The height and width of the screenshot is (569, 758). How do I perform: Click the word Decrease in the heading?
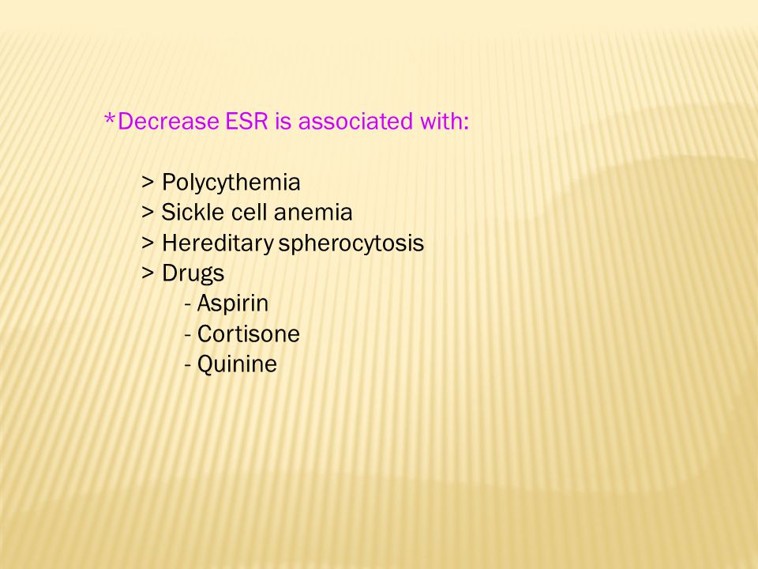[168, 121]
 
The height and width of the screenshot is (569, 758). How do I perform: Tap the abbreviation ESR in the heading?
[246, 121]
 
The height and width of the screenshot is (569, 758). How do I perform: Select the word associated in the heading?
[355, 121]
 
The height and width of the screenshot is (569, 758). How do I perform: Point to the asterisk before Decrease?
[111, 119]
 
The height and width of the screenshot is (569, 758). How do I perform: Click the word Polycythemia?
[231, 183]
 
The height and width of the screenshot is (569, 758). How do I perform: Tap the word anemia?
[313, 213]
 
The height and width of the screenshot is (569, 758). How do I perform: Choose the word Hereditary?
[218, 243]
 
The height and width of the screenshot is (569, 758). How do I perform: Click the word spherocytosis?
[351, 243]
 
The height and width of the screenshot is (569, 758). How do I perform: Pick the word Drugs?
[193, 273]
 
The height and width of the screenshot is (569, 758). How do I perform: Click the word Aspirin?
[232, 303]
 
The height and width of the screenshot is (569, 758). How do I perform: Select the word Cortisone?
[249, 333]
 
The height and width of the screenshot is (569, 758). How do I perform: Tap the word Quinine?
[238, 364]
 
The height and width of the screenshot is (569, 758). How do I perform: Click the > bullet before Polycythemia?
[148, 183]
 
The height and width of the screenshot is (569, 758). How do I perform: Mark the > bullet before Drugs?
[148, 273]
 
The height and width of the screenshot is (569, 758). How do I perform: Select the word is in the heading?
[283, 121]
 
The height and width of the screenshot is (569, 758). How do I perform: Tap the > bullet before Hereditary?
[148, 243]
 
